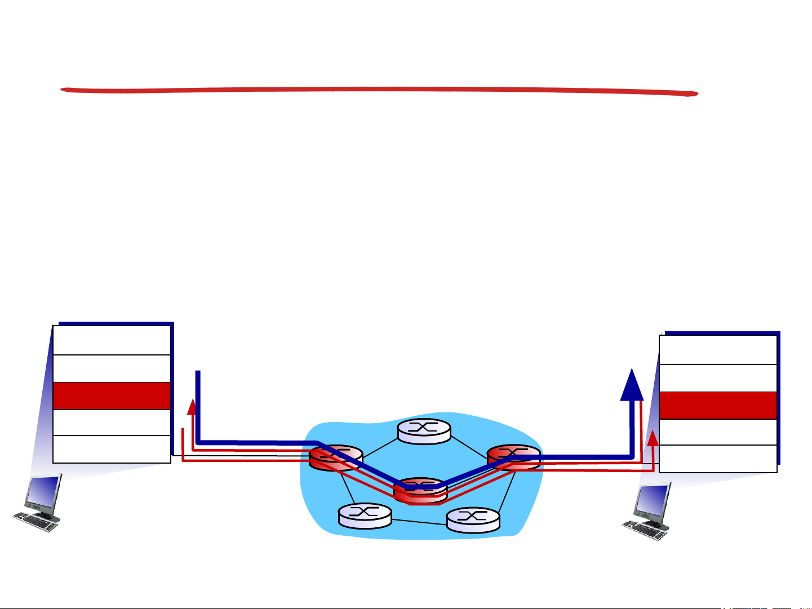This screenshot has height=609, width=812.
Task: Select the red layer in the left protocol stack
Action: pyautogui.click(x=112, y=395)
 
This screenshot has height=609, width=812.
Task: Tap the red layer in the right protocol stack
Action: pyautogui.click(x=718, y=406)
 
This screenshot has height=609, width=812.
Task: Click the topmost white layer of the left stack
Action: pyautogui.click(x=112, y=340)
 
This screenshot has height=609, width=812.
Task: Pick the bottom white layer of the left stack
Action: pyautogui.click(x=112, y=449)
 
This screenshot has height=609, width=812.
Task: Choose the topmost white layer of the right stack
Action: pyautogui.click(x=718, y=350)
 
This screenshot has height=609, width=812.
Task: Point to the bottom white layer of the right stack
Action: pyautogui.click(x=718, y=459)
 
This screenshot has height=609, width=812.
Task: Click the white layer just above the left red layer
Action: pyautogui.click(x=112, y=368)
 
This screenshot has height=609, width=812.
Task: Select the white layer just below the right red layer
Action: pyautogui.click(x=718, y=432)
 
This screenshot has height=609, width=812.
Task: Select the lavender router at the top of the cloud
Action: pyautogui.click(x=424, y=431)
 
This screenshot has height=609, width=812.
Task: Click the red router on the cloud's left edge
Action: pyautogui.click(x=336, y=457)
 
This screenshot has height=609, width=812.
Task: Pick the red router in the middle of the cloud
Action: pyautogui.click(x=420, y=490)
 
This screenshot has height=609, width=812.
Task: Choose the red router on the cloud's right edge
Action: pyautogui.click(x=513, y=456)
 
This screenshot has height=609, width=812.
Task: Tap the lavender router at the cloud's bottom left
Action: pyautogui.click(x=365, y=515)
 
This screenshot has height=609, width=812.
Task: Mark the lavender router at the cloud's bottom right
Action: pyautogui.click(x=473, y=519)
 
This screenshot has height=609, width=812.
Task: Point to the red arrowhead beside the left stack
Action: pyautogui.click(x=193, y=406)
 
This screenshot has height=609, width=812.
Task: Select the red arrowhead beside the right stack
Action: pyautogui.click(x=653, y=437)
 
